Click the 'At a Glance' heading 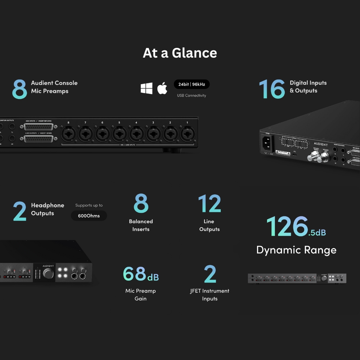pos(180,53)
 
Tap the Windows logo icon pos(147,88)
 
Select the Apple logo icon pos(162,88)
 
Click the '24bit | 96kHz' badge pos(192,84)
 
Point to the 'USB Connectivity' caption pos(192,95)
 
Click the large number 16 pos(272,89)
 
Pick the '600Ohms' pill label pos(89,216)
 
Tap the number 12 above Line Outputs pos(210,204)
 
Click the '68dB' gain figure pos(141,274)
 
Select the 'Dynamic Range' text pos(296,250)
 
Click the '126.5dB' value pos(296,227)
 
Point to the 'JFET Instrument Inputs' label pos(210,294)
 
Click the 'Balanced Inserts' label pos(141,225)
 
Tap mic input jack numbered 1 pos(187,136)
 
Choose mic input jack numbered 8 pos(68,136)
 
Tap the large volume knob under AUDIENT pos(48,273)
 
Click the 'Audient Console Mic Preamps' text pos(54,87)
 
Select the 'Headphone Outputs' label pos(48,209)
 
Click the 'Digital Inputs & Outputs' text pos(308,87)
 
